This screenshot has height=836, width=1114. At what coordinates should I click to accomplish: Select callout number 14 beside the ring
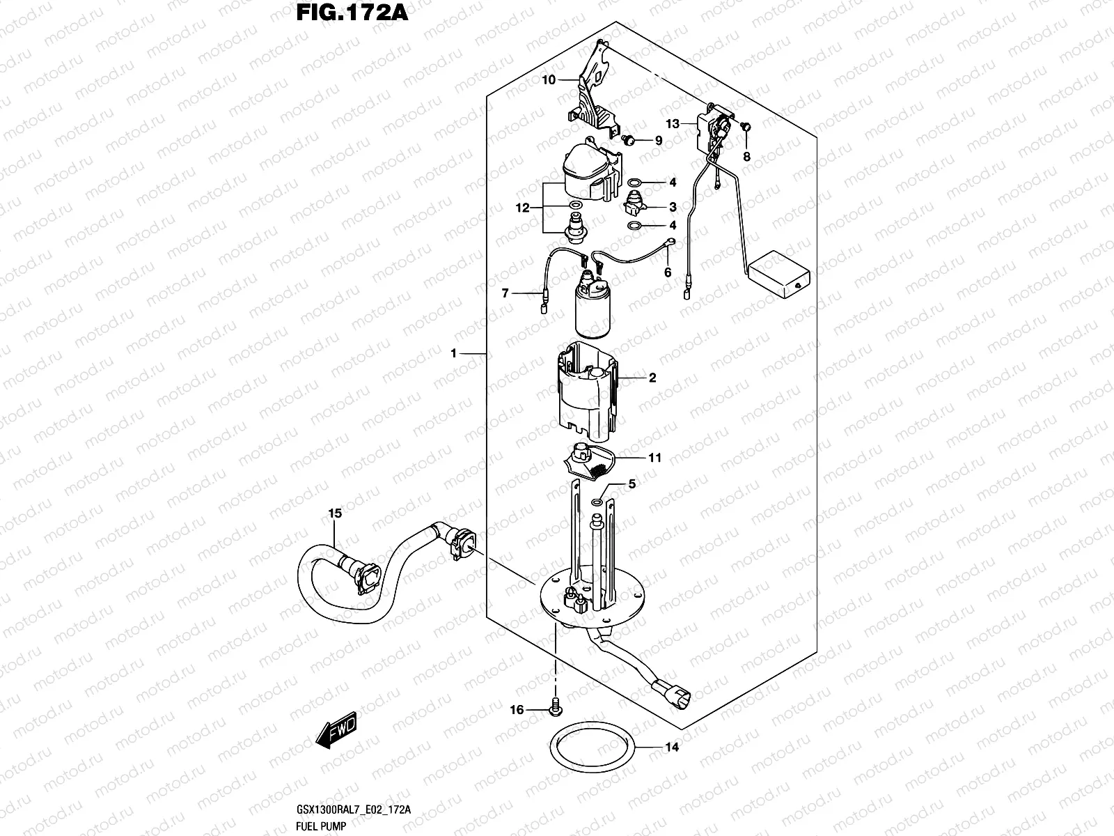pyautogui.click(x=671, y=748)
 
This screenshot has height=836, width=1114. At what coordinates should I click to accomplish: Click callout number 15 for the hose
pyautogui.click(x=335, y=513)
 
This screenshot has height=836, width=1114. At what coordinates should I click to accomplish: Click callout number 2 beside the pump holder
pyautogui.click(x=652, y=378)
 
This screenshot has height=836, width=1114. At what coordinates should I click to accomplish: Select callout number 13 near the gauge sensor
pyautogui.click(x=672, y=124)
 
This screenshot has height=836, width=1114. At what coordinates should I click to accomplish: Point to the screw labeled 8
pyautogui.click(x=745, y=127)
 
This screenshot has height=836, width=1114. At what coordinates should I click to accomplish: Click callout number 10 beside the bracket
pyautogui.click(x=549, y=80)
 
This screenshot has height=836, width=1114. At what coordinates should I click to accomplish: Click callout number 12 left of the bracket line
pyautogui.click(x=523, y=208)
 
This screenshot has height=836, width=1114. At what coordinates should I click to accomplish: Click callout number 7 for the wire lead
pyautogui.click(x=505, y=294)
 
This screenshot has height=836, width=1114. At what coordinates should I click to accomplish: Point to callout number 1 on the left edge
pyautogui.click(x=453, y=354)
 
